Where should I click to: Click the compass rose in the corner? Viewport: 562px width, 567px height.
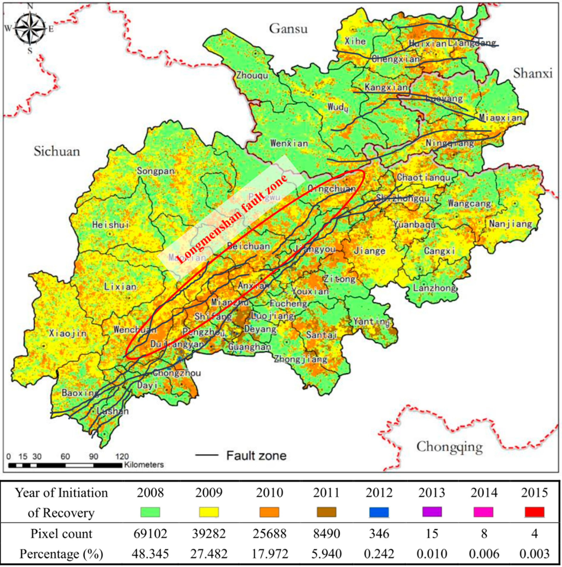coord(30,29)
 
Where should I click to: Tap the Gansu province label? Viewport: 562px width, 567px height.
coord(288,29)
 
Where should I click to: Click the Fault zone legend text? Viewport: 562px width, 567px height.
coord(256,456)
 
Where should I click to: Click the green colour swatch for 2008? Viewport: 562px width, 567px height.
coord(150,512)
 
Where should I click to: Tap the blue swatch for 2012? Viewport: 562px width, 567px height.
coord(379,512)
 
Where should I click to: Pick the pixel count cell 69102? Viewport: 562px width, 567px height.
coord(150,533)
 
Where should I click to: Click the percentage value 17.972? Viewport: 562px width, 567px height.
coord(270,554)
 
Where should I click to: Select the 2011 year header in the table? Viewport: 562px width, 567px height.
coord(326,493)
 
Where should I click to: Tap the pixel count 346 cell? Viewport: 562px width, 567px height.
coord(379,533)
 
